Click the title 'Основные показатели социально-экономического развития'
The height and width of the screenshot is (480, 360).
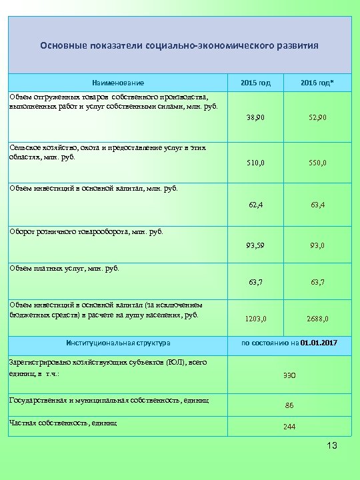(179, 46)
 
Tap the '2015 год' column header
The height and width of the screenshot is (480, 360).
(256, 82)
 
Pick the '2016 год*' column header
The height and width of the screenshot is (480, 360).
(317, 82)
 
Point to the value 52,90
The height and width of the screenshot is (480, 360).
(317, 117)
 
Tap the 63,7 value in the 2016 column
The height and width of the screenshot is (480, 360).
(317, 282)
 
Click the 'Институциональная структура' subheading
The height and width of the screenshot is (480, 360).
(119, 343)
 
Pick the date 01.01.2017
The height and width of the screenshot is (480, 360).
(319, 343)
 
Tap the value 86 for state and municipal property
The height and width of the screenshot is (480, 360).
(289, 405)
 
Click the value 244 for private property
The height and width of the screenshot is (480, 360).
(289, 427)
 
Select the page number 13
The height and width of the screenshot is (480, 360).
(331, 445)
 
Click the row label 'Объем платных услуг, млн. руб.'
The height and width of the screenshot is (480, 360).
(64, 268)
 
